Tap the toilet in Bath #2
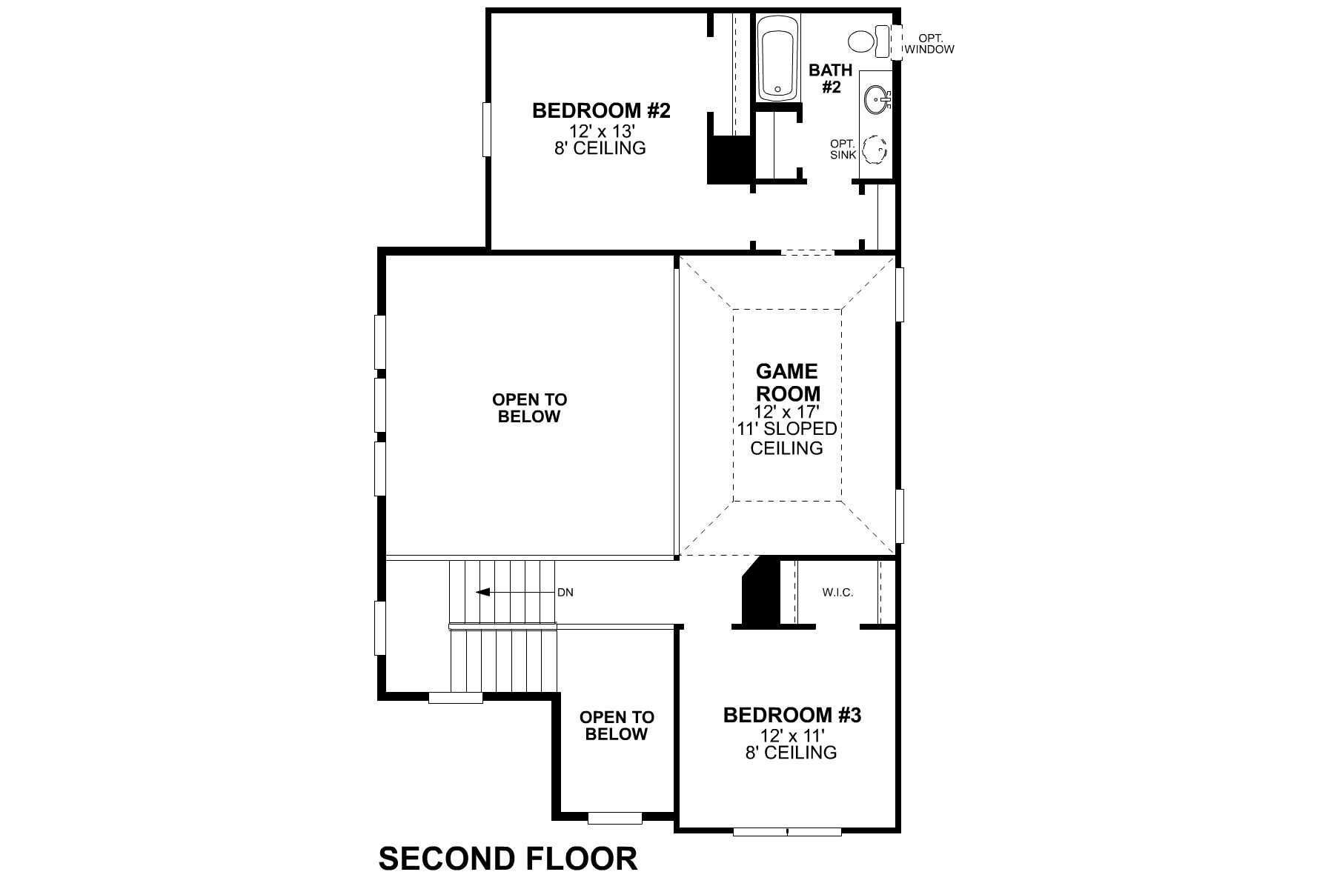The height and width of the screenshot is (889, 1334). pos(867,40)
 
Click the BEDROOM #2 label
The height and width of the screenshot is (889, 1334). pos(601,111)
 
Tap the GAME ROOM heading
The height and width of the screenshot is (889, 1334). pos(787,382)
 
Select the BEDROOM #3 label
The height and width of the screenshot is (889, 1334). pos(792,716)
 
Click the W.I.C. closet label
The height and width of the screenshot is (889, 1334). pos(837,593)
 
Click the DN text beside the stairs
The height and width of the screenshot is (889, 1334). pos(565,593)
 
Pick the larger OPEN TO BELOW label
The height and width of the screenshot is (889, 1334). pos(529,408)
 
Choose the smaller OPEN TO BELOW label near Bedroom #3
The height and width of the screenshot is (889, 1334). pos(617,725)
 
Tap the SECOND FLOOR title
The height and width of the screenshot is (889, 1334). pos(508,859)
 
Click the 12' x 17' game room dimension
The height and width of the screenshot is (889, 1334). pos(786,413)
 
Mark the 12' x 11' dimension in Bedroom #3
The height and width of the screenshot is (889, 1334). pos(792,735)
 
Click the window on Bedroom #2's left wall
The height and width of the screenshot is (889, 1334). pos(487,130)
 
